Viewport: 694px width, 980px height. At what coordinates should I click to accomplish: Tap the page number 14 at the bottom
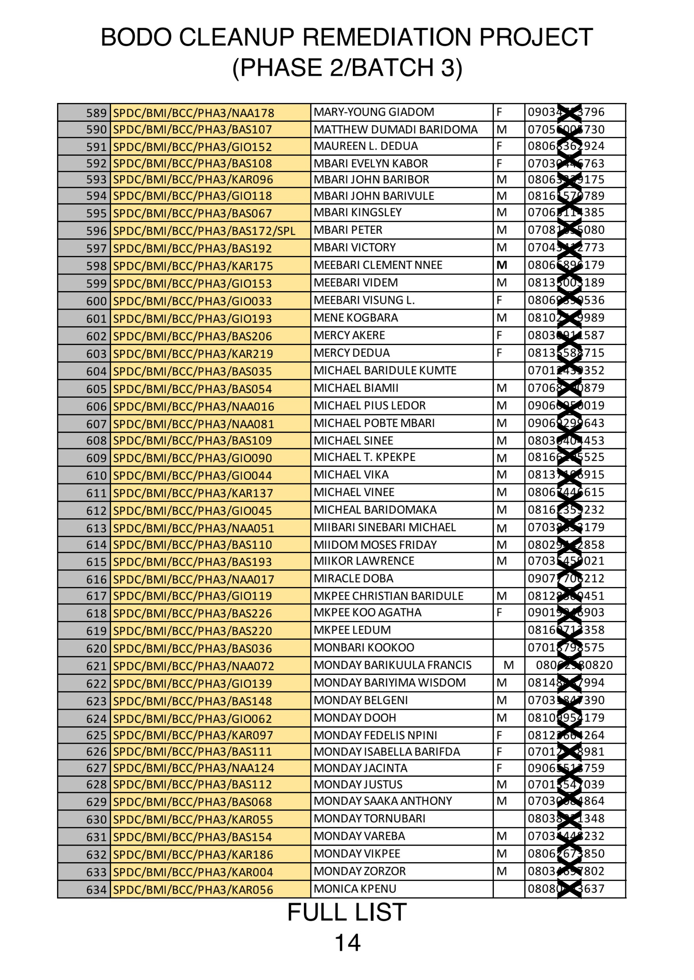click(x=347, y=942)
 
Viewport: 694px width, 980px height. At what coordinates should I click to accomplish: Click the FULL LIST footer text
click(x=347, y=912)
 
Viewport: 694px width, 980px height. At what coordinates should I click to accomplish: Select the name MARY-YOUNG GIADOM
click(x=373, y=112)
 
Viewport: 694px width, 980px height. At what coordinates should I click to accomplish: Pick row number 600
click(x=96, y=301)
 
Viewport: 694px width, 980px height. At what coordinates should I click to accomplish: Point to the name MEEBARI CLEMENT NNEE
click(x=378, y=265)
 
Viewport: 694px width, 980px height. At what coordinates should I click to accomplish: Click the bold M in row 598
click(x=502, y=265)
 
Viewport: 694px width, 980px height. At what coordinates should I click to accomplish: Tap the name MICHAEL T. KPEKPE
click(x=364, y=457)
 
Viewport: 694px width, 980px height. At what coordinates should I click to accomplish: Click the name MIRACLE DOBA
click(x=353, y=579)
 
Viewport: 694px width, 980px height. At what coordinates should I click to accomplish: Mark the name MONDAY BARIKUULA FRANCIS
click(x=392, y=665)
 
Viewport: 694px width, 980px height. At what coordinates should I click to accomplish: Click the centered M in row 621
click(x=509, y=665)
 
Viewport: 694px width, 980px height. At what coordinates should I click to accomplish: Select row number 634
click(x=96, y=890)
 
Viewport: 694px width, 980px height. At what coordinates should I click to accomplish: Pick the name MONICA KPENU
click(x=355, y=889)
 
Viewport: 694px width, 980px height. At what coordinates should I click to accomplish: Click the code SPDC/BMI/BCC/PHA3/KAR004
click(x=193, y=872)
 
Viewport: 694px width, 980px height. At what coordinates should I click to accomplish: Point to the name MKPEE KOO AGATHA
click(x=367, y=613)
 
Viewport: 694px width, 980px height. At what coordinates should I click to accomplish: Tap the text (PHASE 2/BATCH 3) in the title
click(x=347, y=68)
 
